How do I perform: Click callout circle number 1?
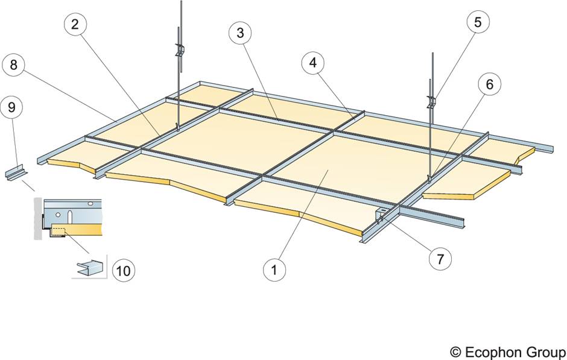pos(275,270)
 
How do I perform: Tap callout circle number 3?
pos(240,33)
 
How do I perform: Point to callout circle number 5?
pos(477,24)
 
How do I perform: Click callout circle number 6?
pos(489,84)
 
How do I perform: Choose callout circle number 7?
pos(440,259)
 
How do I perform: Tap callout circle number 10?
pos(123,271)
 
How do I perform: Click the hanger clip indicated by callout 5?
pos(432,101)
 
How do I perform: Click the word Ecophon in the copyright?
pos(489,352)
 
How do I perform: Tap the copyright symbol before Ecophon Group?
pos(454,352)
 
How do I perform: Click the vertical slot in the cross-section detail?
pos(70,215)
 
